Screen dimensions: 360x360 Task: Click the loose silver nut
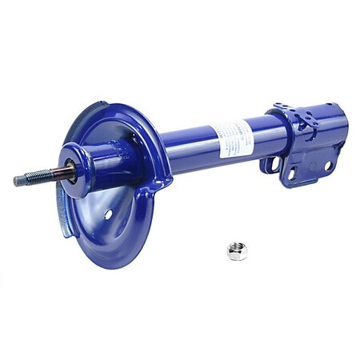[237, 251]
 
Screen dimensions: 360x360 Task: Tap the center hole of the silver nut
[237, 250]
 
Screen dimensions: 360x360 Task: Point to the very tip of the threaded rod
[15, 182]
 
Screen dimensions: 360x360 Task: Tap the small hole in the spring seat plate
[108, 215]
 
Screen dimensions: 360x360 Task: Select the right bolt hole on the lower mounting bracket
[327, 166]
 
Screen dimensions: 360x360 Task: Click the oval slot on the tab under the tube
[273, 165]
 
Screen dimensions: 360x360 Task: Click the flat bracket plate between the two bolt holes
[310, 169]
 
